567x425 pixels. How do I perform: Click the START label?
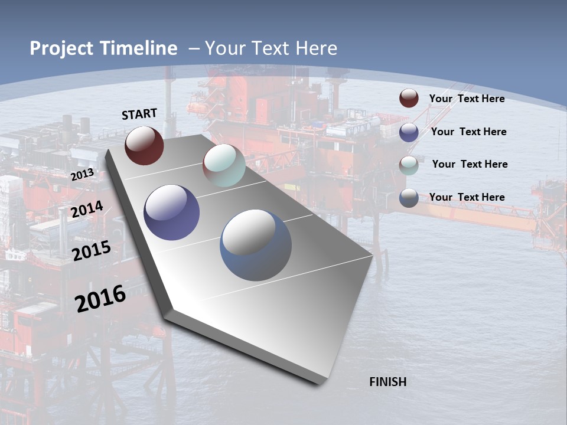[139, 114]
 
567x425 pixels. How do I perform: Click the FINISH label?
[387, 382]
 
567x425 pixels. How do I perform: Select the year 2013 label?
[82, 175]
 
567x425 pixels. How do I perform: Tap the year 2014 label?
[87, 210]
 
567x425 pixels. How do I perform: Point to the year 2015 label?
[92, 250]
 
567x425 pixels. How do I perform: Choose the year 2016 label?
[100, 298]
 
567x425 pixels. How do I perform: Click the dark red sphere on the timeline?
[144, 145]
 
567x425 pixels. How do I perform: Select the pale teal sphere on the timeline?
[224, 165]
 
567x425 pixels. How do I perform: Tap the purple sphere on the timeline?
[172, 212]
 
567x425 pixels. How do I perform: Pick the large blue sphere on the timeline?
[256, 245]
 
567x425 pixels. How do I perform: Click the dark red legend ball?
[409, 99]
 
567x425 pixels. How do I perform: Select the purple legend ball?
[409, 132]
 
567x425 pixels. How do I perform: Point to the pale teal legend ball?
[409, 165]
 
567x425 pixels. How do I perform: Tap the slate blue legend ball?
[409, 198]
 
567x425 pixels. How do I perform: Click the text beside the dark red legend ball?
[467, 99]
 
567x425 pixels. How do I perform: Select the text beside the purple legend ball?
[468, 132]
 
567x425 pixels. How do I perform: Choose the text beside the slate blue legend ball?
[467, 197]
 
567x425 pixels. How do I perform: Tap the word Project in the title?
[60, 48]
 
